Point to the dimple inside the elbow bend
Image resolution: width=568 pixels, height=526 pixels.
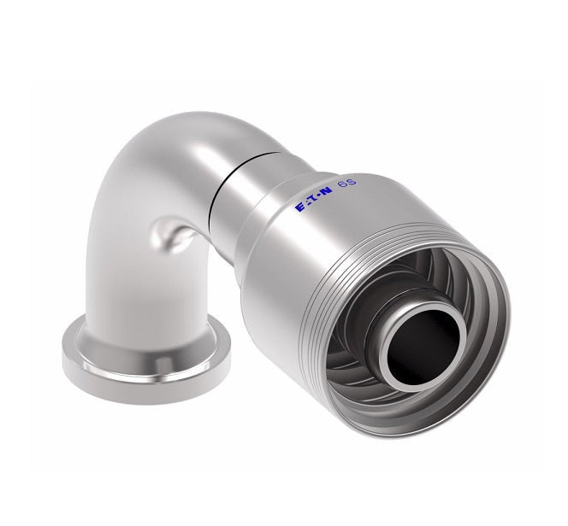tap(169, 234)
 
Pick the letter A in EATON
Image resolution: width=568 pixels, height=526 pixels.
tap(306, 207)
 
